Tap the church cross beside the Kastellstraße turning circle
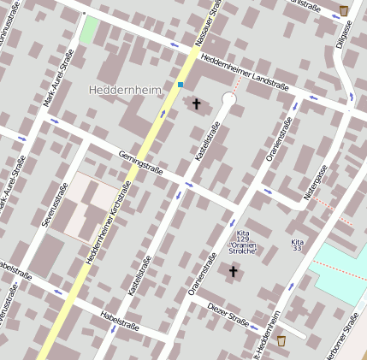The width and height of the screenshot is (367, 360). pos(196,103)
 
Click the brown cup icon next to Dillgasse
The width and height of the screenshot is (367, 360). pos(343,10)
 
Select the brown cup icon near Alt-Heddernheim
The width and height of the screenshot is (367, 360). pos(281,340)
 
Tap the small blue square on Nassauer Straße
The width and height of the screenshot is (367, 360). pos(181,84)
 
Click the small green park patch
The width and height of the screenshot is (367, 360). pos(88,30)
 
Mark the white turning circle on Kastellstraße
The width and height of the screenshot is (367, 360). pos(228,100)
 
